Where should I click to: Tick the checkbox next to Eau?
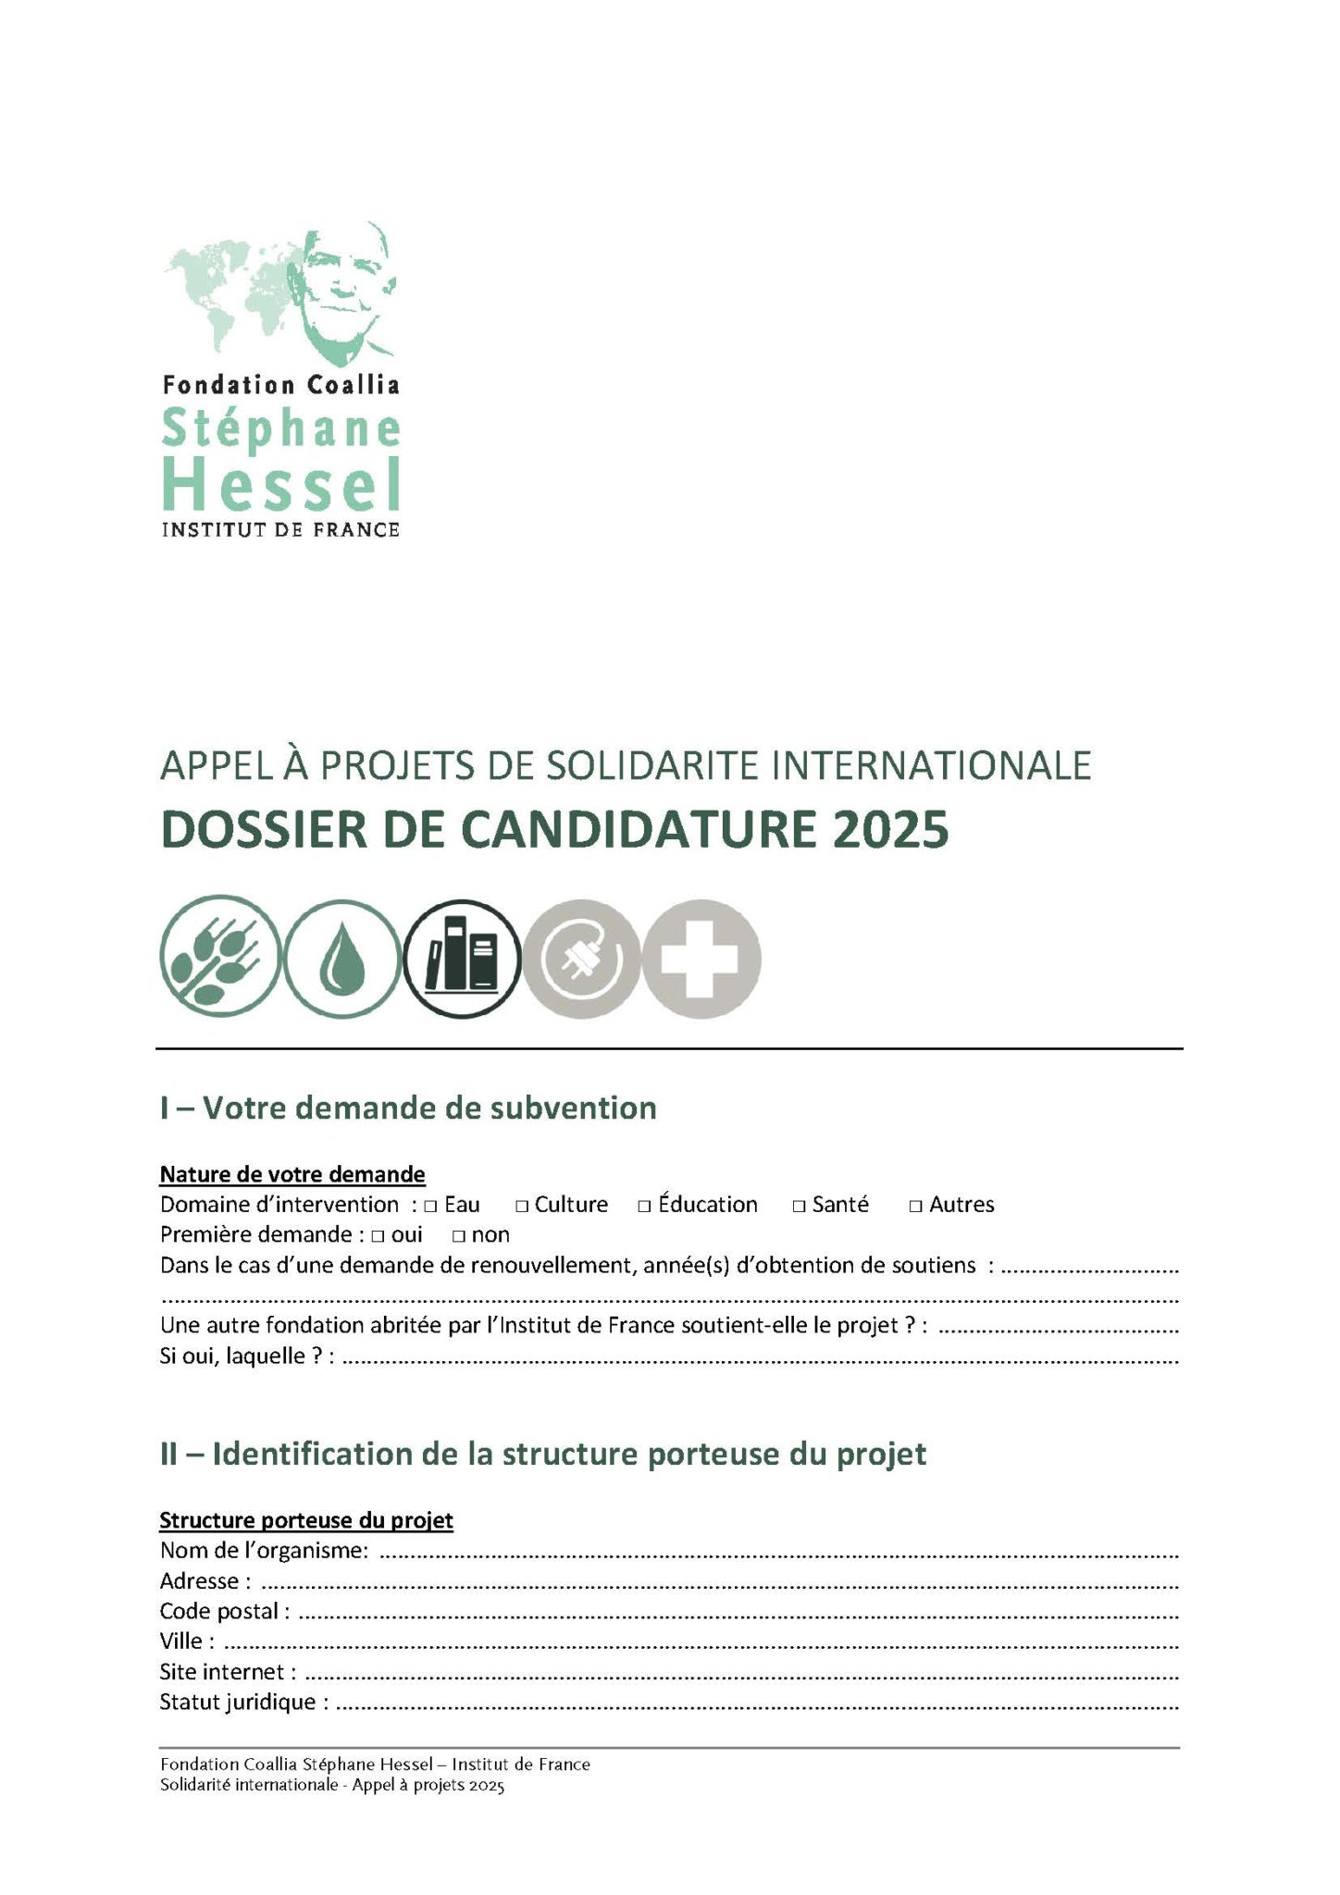pyautogui.click(x=430, y=1207)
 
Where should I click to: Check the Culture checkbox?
pyautogui.click(x=522, y=1207)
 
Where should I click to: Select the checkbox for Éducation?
pyautogui.click(x=645, y=1207)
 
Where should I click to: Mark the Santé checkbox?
pyautogui.click(x=799, y=1207)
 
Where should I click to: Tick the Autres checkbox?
pyautogui.click(x=915, y=1207)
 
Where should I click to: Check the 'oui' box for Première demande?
pyautogui.click(x=377, y=1236)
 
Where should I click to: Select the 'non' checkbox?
pyautogui.click(x=457, y=1236)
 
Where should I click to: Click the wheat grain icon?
pyautogui.click(x=219, y=957)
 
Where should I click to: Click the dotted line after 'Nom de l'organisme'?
pyautogui.click(x=777, y=1552)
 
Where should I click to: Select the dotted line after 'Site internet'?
pyautogui.click(x=740, y=1673)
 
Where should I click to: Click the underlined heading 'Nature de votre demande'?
pyautogui.click(x=292, y=1174)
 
